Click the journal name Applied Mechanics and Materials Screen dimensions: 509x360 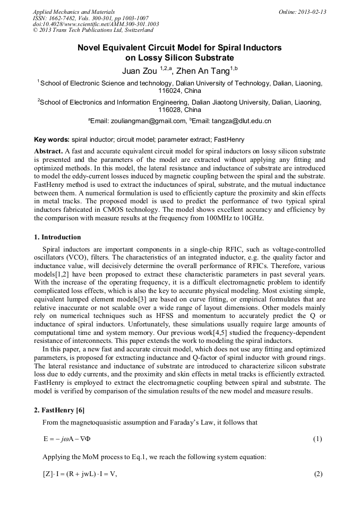click(x=74, y=12)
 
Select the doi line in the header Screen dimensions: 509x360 click(x=96, y=24)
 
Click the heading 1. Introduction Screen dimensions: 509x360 click(x=57, y=237)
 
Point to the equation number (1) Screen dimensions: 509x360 click(x=317, y=439)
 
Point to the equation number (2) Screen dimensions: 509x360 click(x=317, y=473)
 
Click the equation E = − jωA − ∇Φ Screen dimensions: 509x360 click(x=71, y=439)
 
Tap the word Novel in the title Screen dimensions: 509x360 click(x=91, y=48)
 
